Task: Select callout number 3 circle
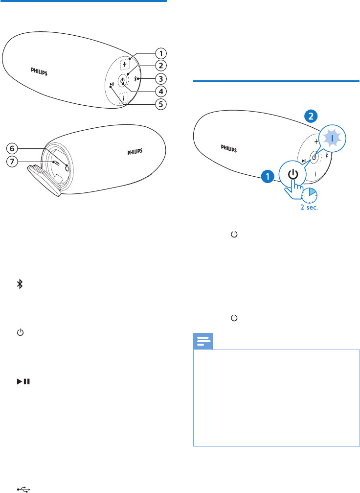coord(160,78)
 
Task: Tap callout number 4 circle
coord(160,91)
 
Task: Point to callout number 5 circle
coord(160,104)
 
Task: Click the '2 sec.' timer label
coord(309,208)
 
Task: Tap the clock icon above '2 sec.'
coord(309,195)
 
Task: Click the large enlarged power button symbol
coord(292,174)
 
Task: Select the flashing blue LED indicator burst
coord(333,139)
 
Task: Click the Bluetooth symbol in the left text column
coord(21,284)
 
